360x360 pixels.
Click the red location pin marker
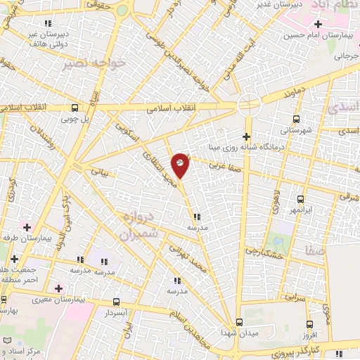(x=180, y=165)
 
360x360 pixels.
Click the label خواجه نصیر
(x=103, y=63)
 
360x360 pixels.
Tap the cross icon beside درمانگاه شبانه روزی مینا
(x=246, y=136)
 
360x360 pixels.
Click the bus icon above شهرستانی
(x=295, y=119)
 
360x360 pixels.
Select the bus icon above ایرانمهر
(x=300, y=199)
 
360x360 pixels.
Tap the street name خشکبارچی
(x=262, y=251)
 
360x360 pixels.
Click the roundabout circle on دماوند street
(x=248, y=105)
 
